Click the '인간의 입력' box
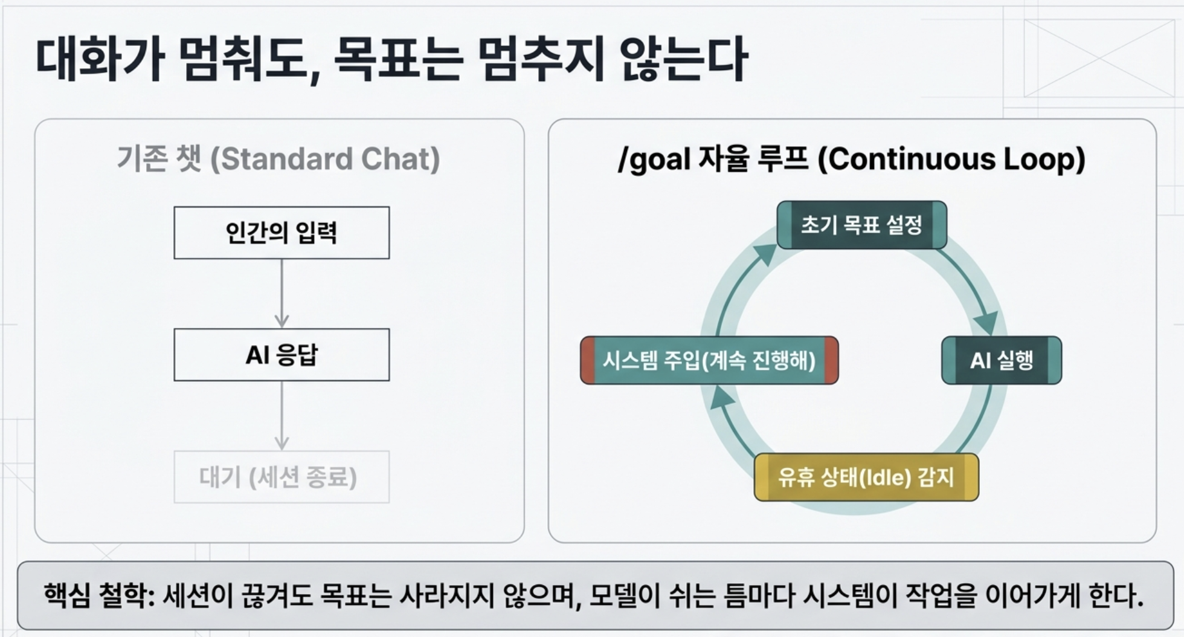pyautogui.click(x=282, y=233)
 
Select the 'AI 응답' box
pyautogui.click(x=282, y=355)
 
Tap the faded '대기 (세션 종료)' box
pyautogui.click(x=282, y=477)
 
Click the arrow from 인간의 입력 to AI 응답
pyautogui.click(x=282, y=294)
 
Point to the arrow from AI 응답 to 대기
pyautogui.click(x=282, y=416)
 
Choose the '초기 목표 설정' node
pyautogui.click(x=861, y=225)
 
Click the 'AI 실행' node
pyautogui.click(x=1002, y=360)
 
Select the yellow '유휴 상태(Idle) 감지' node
pyautogui.click(x=866, y=477)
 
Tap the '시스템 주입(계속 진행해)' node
pyautogui.click(x=709, y=360)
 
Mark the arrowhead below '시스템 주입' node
pyautogui.click(x=722, y=397)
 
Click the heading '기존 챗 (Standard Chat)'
pyautogui.click(x=278, y=160)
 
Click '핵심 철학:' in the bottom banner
pyautogui.click(x=100, y=595)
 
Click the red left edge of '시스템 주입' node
pyautogui.click(x=587, y=360)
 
